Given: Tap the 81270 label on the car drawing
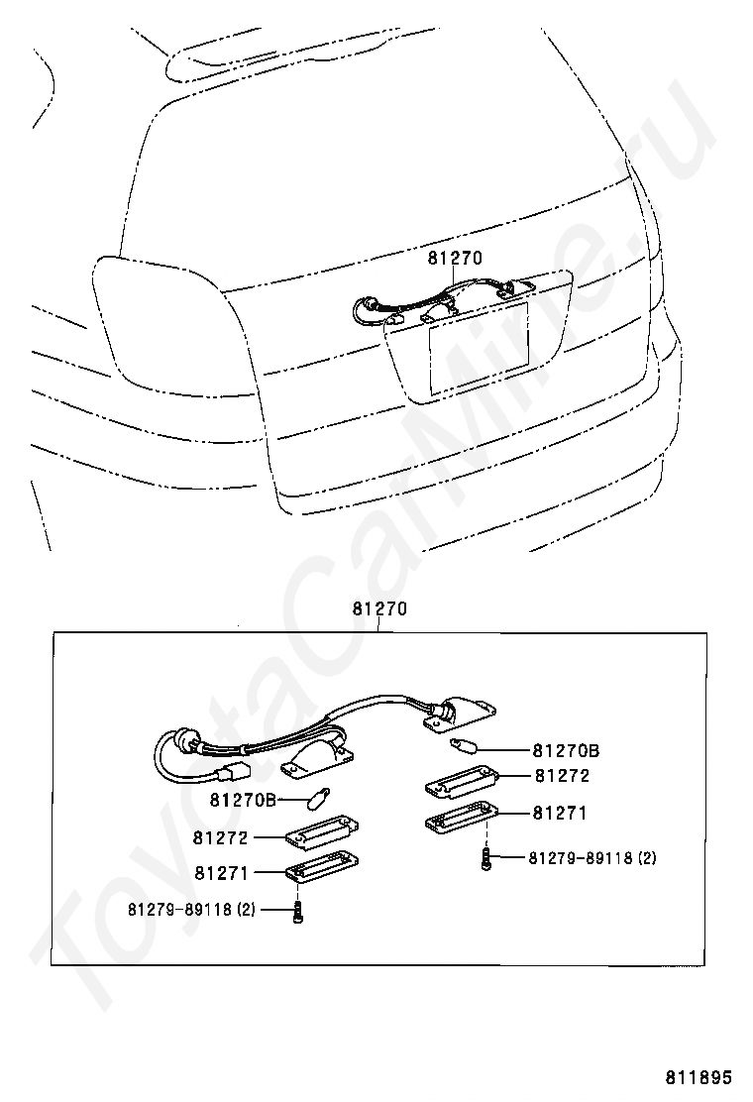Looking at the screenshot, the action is click(x=455, y=258).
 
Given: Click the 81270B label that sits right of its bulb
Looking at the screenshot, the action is click(x=566, y=750).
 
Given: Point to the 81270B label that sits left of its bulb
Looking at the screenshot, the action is click(x=243, y=800).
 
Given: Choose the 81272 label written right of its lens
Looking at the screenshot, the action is click(x=561, y=776).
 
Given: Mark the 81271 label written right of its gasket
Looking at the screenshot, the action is click(x=560, y=813).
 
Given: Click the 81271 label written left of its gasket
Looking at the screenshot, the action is click(x=221, y=872).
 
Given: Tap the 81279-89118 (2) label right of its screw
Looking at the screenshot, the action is click(x=592, y=857).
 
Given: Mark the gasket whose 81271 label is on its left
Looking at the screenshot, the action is click(x=322, y=867).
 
